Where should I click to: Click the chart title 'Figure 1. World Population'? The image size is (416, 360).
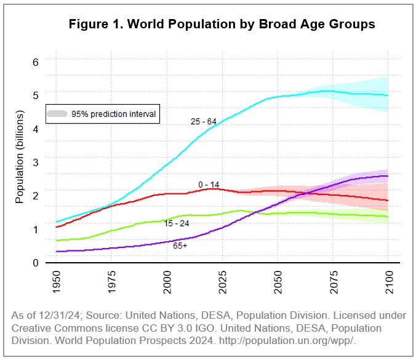tap(222, 25)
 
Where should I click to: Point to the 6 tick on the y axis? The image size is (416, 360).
tap(36, 62)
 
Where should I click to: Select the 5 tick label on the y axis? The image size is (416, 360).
tap(36, 95)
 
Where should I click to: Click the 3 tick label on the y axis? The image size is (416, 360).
tap(36, 162)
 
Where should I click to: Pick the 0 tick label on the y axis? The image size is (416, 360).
tap(36, 263)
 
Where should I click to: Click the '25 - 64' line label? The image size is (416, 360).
tap(203, 121)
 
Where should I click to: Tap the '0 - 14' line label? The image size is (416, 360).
tap(209, 184)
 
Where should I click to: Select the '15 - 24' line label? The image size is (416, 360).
tap(177, 223)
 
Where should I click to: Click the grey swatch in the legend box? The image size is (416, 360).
tap(57, 114)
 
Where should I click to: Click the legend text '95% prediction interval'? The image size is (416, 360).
tap(113, 114)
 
